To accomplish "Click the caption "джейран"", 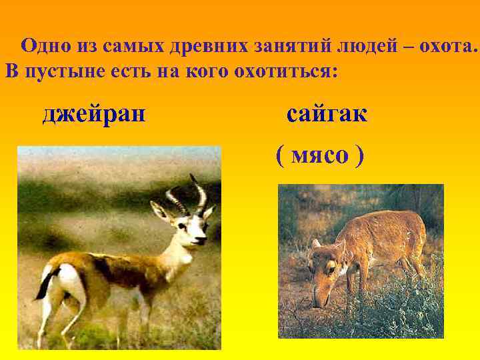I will (x=94, y=114).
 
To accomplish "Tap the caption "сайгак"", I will (x=327, y=114).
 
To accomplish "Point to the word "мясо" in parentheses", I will (x=320, y=155).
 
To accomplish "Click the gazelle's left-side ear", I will (x=159, y=211).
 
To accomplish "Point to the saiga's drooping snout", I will (x=318, y=300).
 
